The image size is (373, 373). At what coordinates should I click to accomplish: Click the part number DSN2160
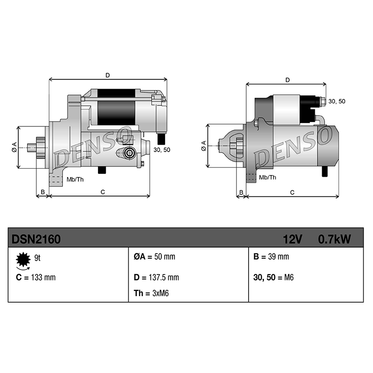(x=36, y=239)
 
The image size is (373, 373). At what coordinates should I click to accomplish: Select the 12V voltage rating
(x=293, y=239)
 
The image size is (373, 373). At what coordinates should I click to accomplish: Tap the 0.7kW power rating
(x=334, y=239)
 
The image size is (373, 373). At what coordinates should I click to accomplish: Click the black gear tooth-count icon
(x=23, y=260)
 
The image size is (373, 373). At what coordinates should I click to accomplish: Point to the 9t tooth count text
(x=37, y=258)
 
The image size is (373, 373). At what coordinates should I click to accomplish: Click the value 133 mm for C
(x=43, y=277)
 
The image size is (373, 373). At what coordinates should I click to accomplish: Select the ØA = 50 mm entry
(x=154, y=257)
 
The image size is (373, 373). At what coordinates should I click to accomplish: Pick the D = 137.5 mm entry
(x=156, y=277)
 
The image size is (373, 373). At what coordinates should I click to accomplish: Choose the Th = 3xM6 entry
(x=151, y=293)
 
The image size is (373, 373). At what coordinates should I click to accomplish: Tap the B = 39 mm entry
(x=271, y=257)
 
